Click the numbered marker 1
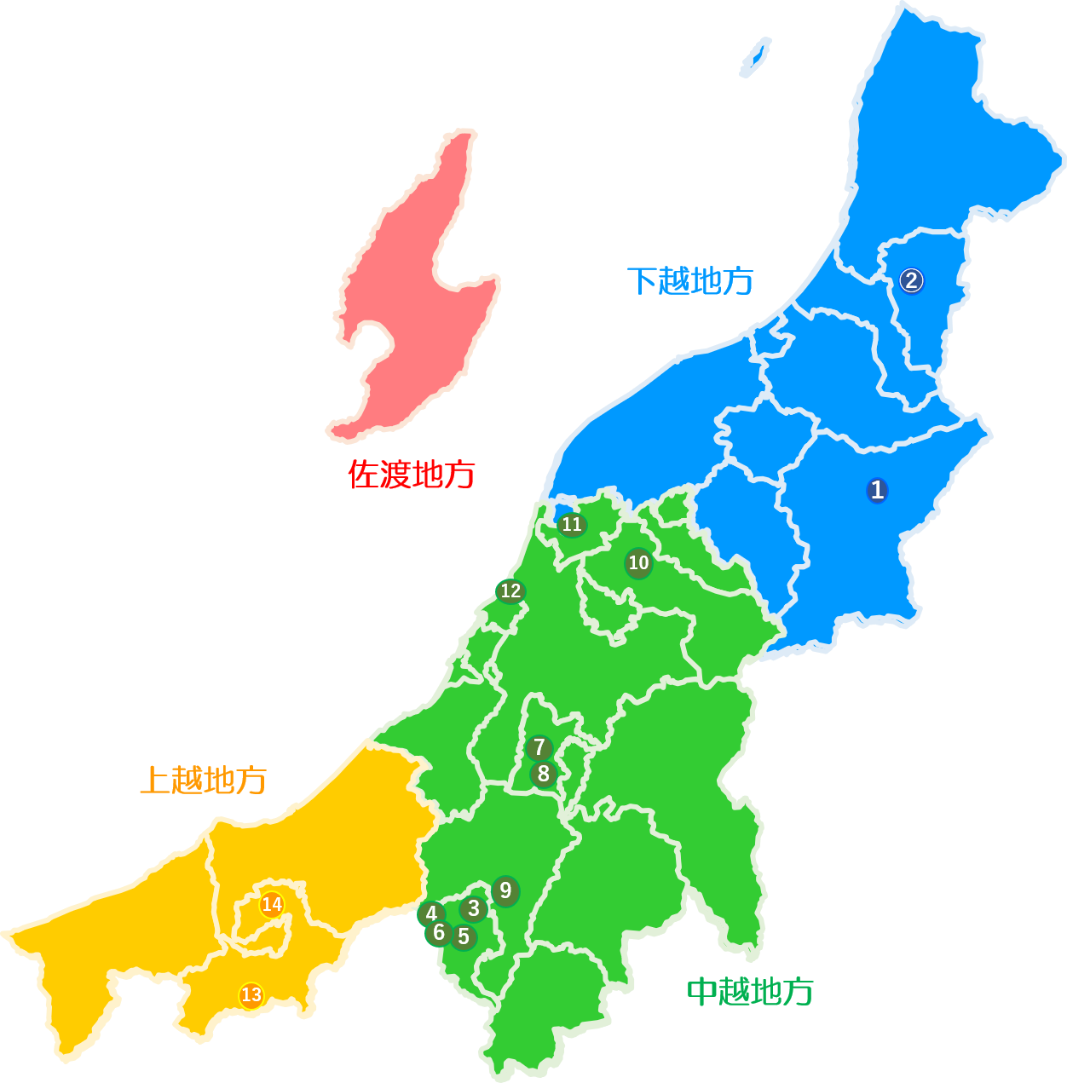coord(877,490)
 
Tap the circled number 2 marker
coord(911,279)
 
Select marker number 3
coord(474,908)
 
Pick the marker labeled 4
coord(431,914)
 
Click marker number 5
coord(464,936)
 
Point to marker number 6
coord(439,933)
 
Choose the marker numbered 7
coord(539,748)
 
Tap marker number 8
coord(544,775)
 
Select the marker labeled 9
coord(505,890)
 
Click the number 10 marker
coord(638,562)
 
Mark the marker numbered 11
coord(572,525)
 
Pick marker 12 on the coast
coord(510,590)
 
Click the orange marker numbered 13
coord(251,995)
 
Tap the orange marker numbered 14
coord(272,904)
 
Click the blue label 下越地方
coord(690,280)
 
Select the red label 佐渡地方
coord(412,475)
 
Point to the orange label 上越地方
coord(203,780)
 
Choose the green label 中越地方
coord(750,991)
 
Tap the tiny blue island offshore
coord(755,57)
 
